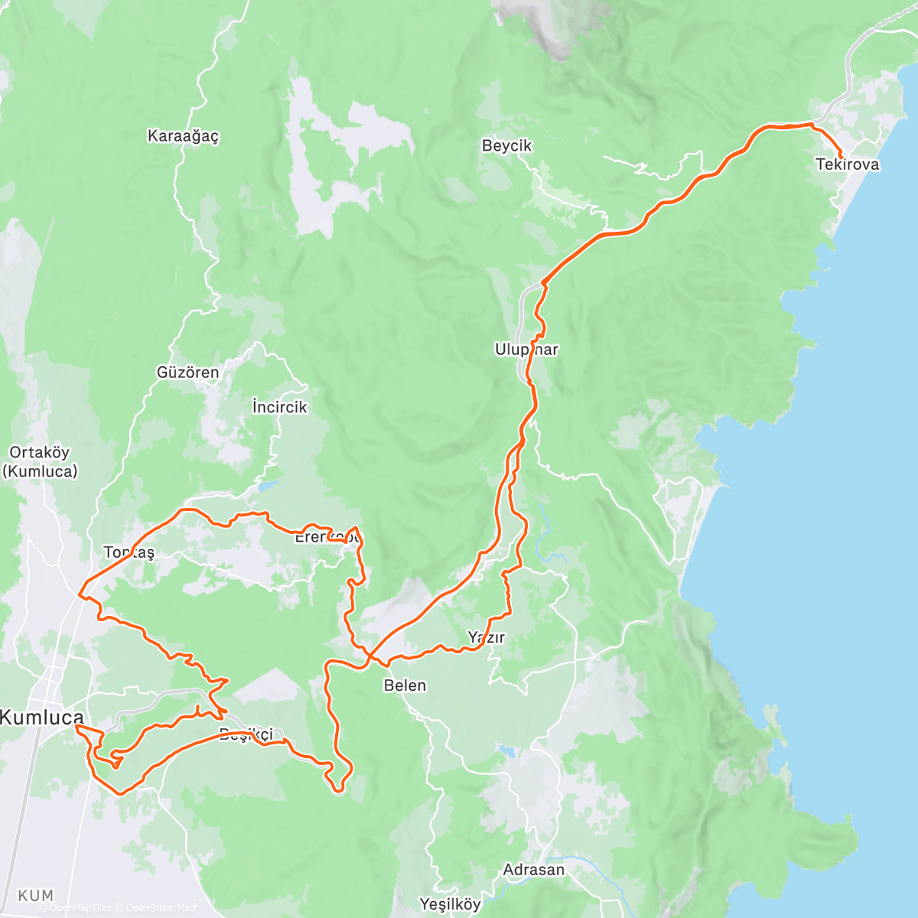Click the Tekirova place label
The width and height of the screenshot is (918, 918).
(x=847, y=164)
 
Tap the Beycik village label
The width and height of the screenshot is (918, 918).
(x=506, y=145)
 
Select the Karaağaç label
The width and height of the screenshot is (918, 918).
(x=183, y=136)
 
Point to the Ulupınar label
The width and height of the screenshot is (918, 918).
(x=526, y=350)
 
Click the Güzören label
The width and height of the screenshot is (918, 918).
(x=187, y=373)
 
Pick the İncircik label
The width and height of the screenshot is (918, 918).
(x=279, y=407)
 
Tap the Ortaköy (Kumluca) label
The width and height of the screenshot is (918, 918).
(x=40, y=462)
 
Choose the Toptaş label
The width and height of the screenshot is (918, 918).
(x=129, y=552)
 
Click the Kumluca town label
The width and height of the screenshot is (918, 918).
(x=41, y=718)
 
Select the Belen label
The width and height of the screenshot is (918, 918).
(x=405, y=685)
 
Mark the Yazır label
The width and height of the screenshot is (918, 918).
(x=486, y=637)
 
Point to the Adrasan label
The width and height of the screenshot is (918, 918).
(x=533, y=870)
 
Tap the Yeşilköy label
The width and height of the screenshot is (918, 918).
(x=450, y=904)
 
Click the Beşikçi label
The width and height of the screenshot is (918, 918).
(x=246, y=735)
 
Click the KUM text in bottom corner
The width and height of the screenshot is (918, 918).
(x=36, y=895)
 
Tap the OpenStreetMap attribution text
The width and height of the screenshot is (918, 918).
(x=161, y=909)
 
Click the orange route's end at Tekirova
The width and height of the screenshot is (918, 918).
(x=841, y=156)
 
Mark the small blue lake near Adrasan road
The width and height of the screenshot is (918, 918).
(x=505, y=750)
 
